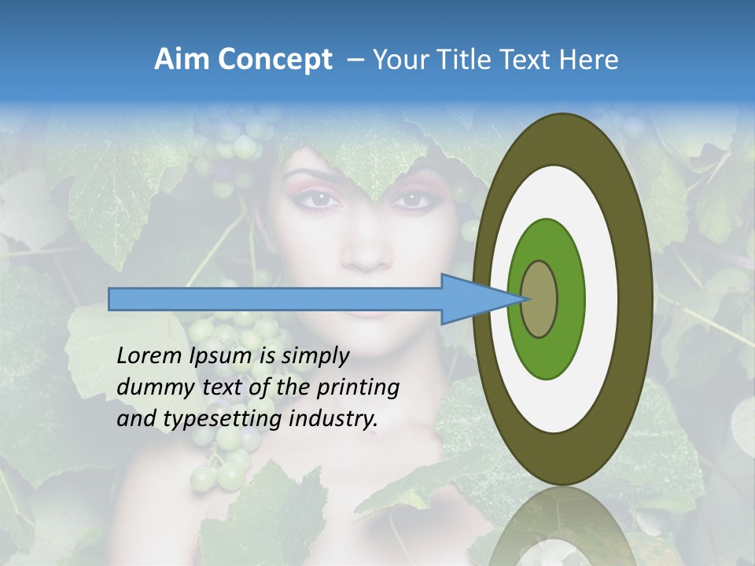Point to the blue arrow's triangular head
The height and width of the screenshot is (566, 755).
pos(472,299)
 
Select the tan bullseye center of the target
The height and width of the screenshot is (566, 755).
pos(540,299)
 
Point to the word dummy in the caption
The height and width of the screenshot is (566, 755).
pos(149,388)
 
